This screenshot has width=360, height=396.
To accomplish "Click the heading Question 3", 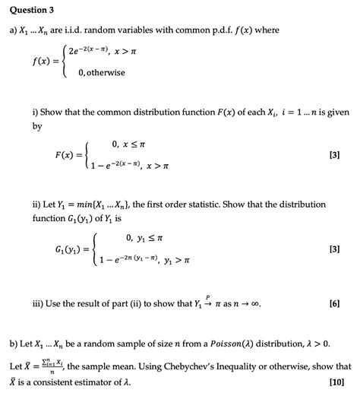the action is (x=29, y=10).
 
